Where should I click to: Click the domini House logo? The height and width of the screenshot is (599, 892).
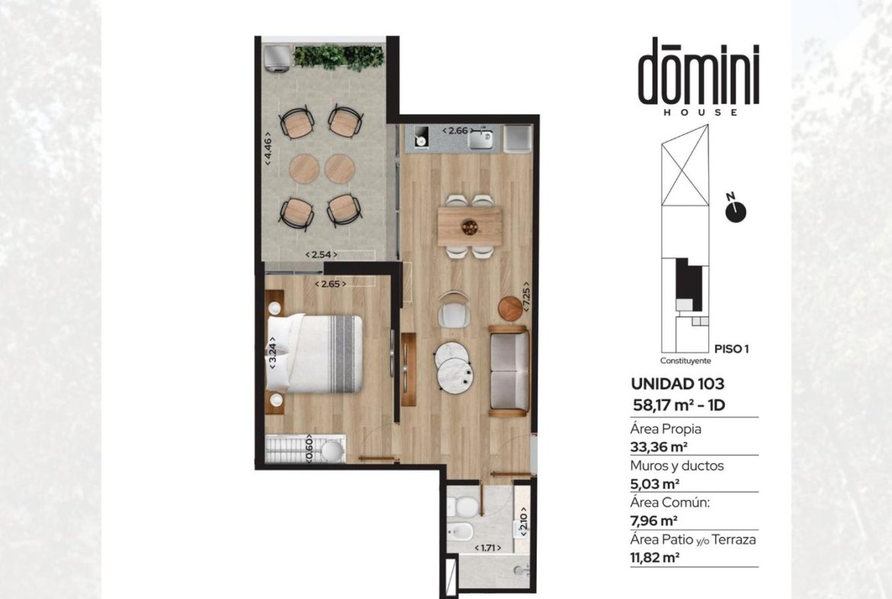tap(698, 77)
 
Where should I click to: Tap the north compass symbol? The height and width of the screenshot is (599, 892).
tap(735, 208)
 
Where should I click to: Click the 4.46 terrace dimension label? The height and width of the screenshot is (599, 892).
tap(268, 150)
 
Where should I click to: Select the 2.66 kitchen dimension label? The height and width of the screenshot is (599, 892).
tap(457, 130)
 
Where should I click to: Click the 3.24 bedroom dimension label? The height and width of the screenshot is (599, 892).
tap(273, 353)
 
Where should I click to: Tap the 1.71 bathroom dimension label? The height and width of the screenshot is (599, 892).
tap(487, 548)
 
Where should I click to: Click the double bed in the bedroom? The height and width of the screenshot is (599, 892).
tap(315, 353)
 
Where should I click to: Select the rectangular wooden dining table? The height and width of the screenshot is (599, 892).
tap(470, 227)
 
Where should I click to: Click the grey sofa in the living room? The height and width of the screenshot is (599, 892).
tap(509, 370)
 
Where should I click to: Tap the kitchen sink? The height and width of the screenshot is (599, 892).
tap(481, 138)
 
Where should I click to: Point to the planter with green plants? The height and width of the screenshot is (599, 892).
tap(339, 57)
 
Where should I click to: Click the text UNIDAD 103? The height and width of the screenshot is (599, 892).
tap(678, 384)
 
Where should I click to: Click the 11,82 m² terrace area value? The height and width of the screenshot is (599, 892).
tap(655, 557)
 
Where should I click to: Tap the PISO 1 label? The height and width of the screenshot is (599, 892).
tap(731, 349)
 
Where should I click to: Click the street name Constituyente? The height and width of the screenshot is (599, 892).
tap(685, 360)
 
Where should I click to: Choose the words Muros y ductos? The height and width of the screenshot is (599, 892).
tap(677, 465)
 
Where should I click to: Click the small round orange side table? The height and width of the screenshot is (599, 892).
tap(510, 308)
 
